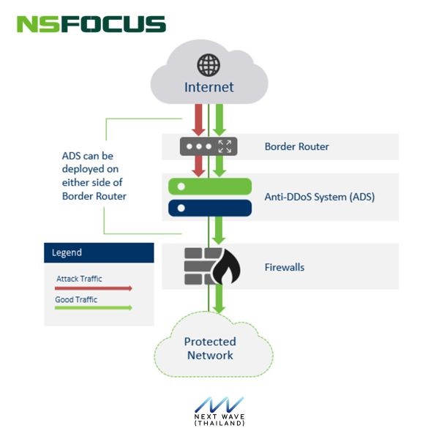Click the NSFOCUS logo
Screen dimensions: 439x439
coord(91,23)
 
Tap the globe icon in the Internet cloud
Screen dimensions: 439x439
coord(209,64)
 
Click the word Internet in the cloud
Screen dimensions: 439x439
coord(209,87)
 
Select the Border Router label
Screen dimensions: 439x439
coord(296,146)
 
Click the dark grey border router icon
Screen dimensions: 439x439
coord(209,146)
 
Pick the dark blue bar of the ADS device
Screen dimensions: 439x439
coord(209,208)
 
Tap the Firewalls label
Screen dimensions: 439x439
coord(284,267)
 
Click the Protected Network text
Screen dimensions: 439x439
coord(209,348)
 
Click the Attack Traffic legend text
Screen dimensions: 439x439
coord(79,278)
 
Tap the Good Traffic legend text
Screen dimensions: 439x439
coord(76,299)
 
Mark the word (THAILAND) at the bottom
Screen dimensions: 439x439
coord(219,424)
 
